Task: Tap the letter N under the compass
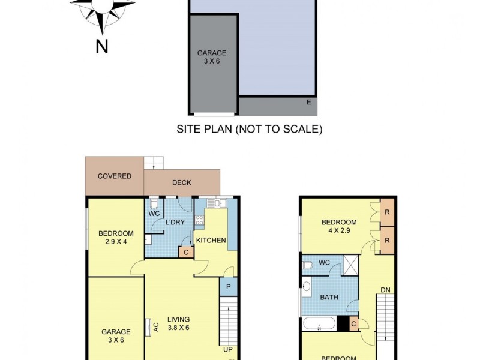(102, 46)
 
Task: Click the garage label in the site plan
(212, 56)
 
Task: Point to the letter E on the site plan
(308, 102)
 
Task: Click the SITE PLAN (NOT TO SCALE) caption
(249, 129)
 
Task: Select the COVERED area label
(115, 176)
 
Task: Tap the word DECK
(181, 182)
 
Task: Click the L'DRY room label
(175, 223)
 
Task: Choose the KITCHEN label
(211, 241)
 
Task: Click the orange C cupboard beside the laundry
(187, 252)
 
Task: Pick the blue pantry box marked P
(228, 287)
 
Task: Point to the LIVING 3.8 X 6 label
(178, 323)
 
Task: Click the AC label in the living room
(155, 327)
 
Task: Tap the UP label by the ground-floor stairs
(228, 349)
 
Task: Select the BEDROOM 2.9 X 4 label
(116, 238)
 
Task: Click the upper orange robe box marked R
(388, 212)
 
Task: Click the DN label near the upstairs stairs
(386, 290)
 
